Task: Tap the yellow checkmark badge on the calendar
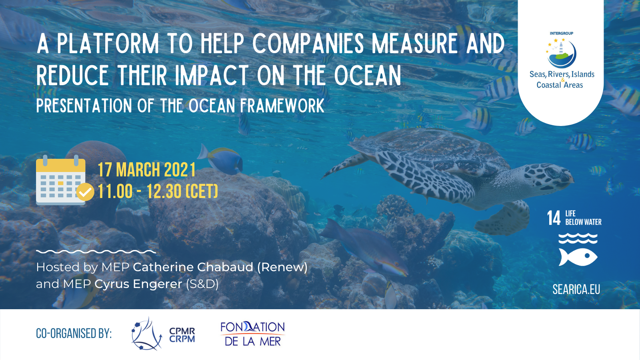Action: tap(85, 192)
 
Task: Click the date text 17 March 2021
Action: tap(147, 170)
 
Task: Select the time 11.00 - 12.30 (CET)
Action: tap(158, 192)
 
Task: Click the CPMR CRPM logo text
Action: tap(182, 335)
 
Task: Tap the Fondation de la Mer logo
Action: tap(253, 334)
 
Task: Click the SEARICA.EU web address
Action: tap(576, 290)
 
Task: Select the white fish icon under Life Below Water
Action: tap(578, 257)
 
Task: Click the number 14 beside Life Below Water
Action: tap(554, 218)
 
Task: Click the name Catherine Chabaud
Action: tap(193, 267)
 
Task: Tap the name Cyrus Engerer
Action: tap(138, 284)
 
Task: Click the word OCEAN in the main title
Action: tap(368, 75)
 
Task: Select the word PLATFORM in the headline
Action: tap(108, 44)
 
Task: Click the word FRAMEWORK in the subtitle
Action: tap(282, 106)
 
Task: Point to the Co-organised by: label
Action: tap(74, 334)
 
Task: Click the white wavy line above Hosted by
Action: tap(96, 252)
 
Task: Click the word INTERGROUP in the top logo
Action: tap(562, 34)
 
